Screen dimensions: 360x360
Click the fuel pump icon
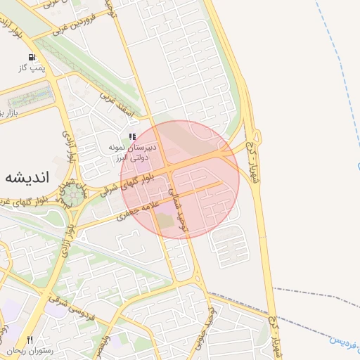[31, 58]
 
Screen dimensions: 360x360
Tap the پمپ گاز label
[31, 68]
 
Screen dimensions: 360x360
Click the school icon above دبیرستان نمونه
[131, 136]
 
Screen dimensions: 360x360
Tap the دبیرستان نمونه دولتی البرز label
[131, 153]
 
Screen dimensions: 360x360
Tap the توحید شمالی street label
[184, 211]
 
